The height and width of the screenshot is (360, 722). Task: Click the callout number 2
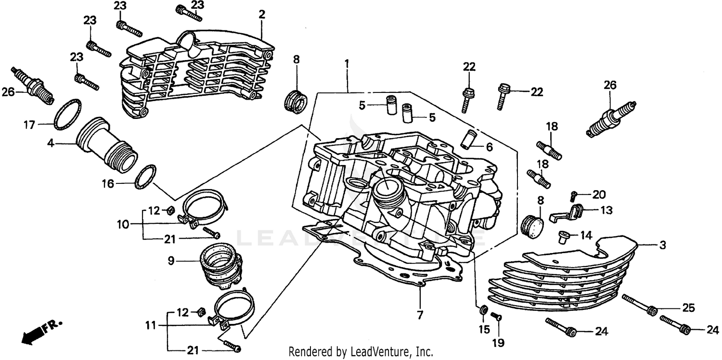[261, 14]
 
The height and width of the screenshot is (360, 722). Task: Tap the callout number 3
[663, 245]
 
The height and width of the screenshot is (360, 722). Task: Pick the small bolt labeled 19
[496, 316]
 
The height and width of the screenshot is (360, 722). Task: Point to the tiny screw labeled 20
[573, 195]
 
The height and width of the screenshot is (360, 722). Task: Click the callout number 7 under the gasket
[420, 315]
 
